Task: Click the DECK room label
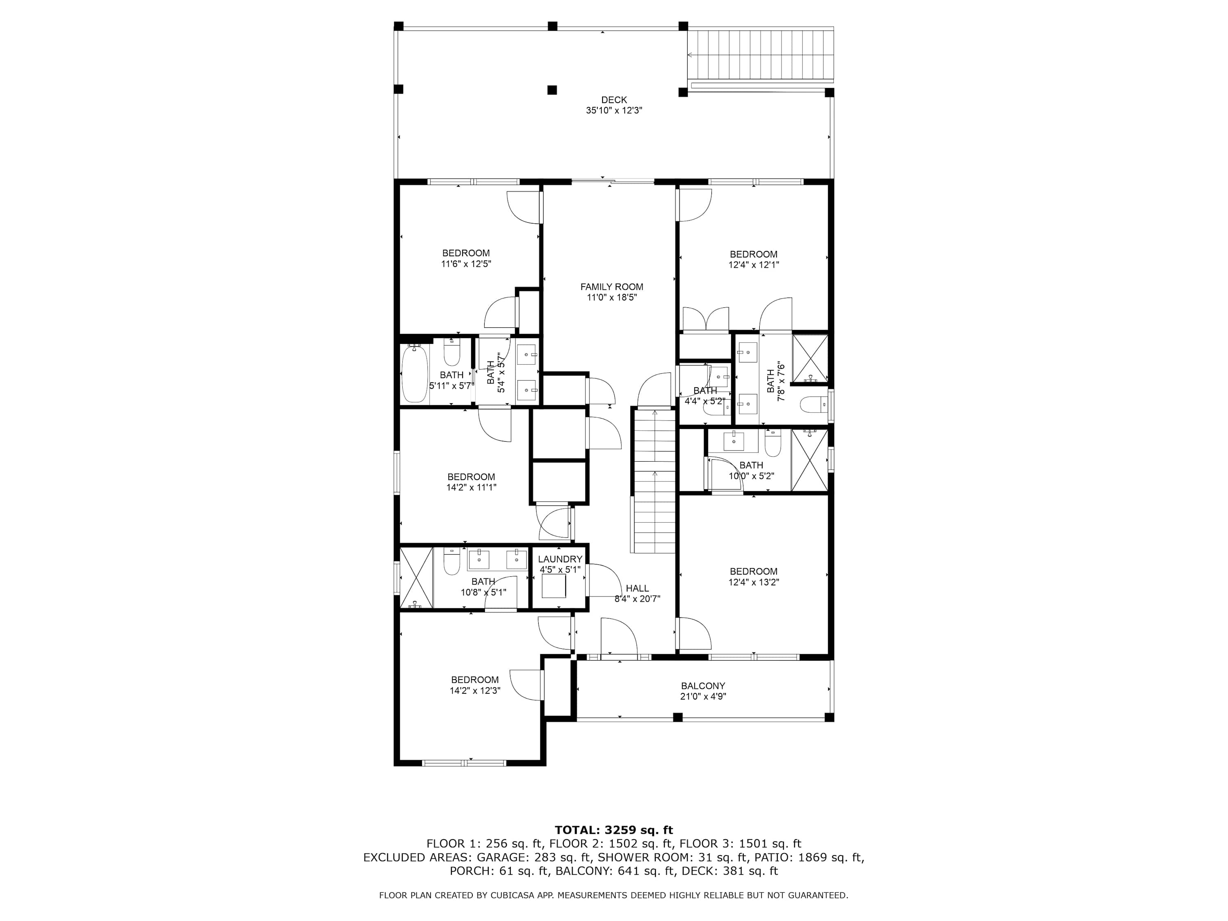614,100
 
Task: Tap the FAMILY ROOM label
612,287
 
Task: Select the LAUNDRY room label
560,559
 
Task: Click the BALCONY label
703,686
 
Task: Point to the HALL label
637,589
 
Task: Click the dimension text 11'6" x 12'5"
466,264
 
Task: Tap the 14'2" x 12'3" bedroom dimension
475,691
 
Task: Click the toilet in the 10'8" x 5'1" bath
451,562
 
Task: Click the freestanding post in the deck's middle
552,90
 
